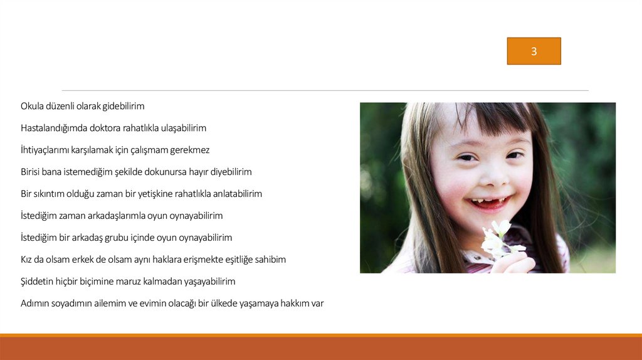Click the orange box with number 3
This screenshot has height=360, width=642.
pos(534,51)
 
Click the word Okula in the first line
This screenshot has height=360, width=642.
pos(32,106)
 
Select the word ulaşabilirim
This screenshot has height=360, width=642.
pos(184,128)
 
